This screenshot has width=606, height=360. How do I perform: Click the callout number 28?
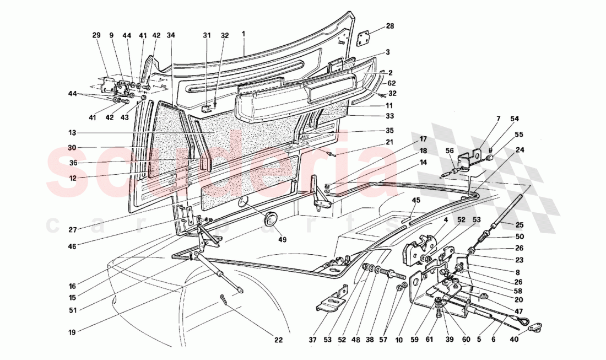pyautogui.click(x=389, y=26)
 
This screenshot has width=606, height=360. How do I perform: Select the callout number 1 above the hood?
pyautogui.click(x=243, y=34)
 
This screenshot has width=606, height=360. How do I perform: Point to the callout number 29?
pyautogui.click(x=96, y=35)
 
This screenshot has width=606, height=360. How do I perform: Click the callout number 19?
pyautogui.click(x=73, y=332)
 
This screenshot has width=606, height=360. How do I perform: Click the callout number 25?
pyautogui.click(x=520, y=224)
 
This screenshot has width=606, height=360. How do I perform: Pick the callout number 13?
pyautogui.click(x=72, y=132)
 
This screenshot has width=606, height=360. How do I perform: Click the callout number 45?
pyautogui.click(x=416, y=200)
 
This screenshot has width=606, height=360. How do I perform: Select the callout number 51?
pyautogui.click(x=73, y=309)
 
